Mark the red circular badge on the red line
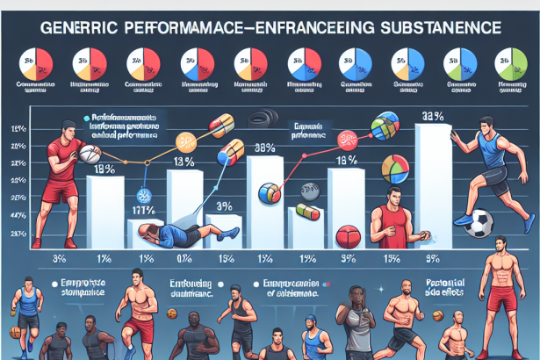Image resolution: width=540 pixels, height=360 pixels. coord(347,139)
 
